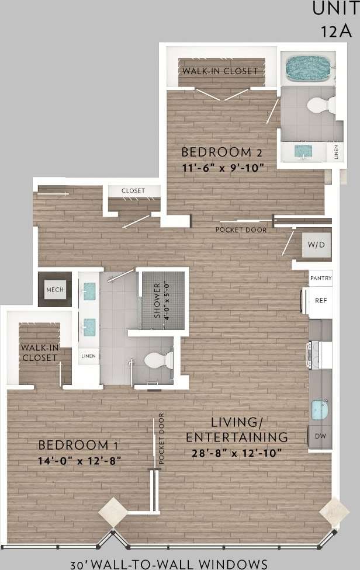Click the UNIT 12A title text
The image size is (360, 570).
tap(333, 19)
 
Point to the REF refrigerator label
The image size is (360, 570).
tap(320, 300)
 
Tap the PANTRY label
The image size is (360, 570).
tap(320, 279)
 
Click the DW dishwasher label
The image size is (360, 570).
tap(320, 436)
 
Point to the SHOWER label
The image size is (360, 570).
tap(157, 300)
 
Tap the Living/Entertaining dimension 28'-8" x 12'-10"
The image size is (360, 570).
tap(237, 453)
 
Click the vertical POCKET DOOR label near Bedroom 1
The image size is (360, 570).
tap(161, 439)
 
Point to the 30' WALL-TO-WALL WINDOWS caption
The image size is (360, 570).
tap(169, 564)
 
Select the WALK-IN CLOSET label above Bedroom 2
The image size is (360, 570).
tap(220, 71)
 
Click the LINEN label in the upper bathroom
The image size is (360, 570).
tap(335, 152)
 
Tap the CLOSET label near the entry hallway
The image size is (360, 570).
tap(133, 191)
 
